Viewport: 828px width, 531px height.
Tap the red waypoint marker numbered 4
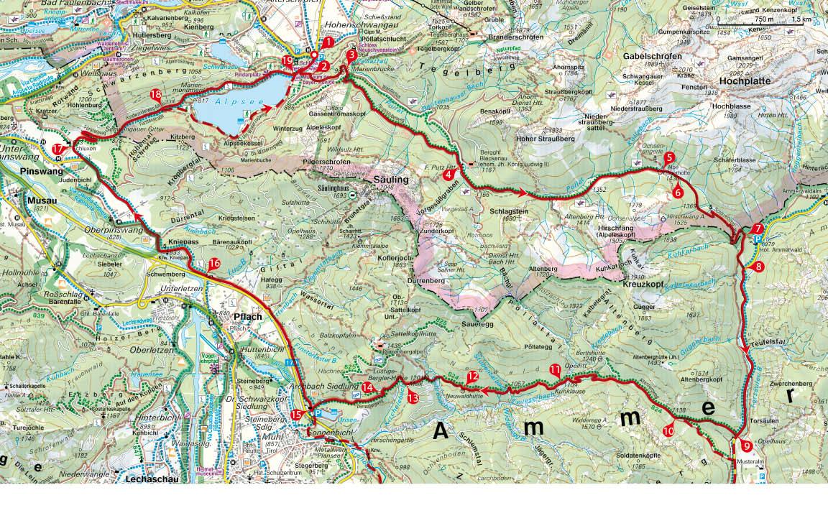[x=449, y=174]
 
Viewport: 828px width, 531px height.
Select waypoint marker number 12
[x=472, y=376]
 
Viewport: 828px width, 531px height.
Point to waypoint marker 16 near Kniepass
[x=213, y=264]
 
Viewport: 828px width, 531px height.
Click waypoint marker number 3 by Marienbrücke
[x=351, y=54]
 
